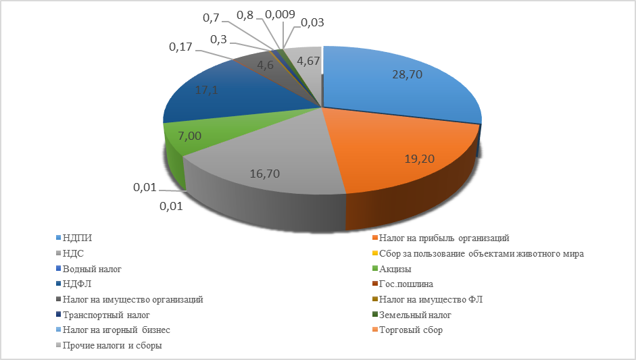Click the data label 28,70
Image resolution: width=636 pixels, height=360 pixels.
(407, 75)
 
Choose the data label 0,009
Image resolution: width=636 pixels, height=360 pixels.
(279, 13)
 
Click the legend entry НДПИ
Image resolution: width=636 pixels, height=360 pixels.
(77, 238)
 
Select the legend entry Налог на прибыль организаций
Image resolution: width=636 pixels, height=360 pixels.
(443, 238)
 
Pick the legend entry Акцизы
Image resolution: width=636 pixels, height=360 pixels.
(395, 269)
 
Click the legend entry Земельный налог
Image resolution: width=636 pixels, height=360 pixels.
(414, 315)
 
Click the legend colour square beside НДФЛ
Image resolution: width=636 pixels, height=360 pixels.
(57, 284)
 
